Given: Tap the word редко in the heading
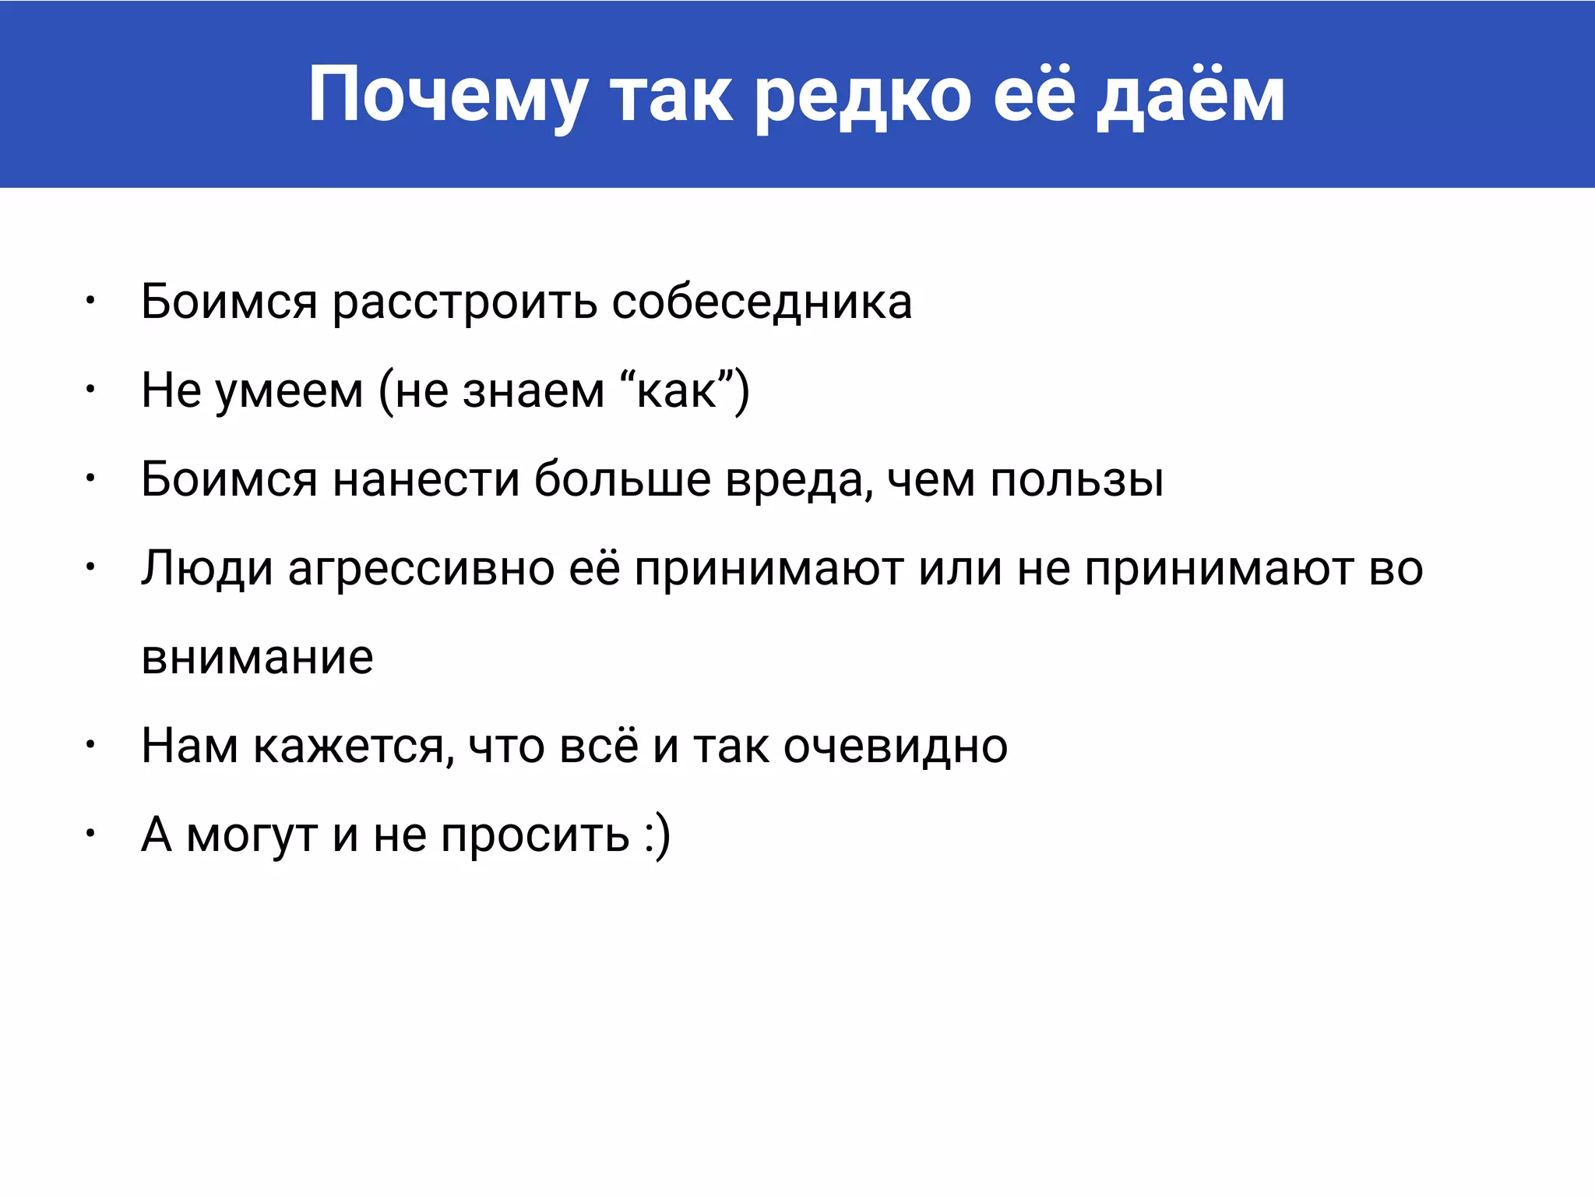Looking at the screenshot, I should (864, 97).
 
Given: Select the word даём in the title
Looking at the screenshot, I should (1190, 97).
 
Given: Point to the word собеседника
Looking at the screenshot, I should (762, 302).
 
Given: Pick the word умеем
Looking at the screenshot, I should (289, 391).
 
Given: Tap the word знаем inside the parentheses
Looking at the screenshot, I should (533, 391).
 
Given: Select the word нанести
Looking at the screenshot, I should (426, 479).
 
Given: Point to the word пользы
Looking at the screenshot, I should (1077, 481).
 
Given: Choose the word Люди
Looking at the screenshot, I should (206, 569).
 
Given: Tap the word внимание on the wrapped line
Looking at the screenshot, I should (257, 657).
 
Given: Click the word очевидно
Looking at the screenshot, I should (895, 747).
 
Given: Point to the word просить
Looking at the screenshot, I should (535, 835).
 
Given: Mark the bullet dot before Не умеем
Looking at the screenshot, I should (90, 387).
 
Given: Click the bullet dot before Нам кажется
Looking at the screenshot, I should (90, 744).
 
